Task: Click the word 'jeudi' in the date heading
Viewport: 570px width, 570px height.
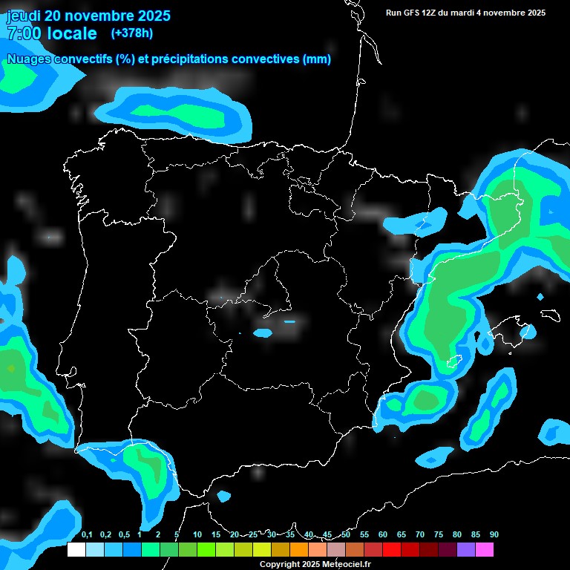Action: pyautogui.click(x=24, y=16)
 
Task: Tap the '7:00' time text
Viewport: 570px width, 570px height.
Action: pyautogui.click(x=22, y=33)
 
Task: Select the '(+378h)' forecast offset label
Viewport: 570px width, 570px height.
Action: pyautogui.click(x=131, y=33)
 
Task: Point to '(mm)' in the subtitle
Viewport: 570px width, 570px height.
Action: pyautogui.click(x=317, y=59)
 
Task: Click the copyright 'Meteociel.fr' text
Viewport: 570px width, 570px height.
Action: pyautogui.click(x=344, y=565)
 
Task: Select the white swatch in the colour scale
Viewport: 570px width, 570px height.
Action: pyautogui.click(x=76, y=550)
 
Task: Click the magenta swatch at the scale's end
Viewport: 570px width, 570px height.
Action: pyautogui.click(x=485, y=550)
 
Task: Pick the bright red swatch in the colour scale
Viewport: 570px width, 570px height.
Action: pyautogui.click(x=392, y=550)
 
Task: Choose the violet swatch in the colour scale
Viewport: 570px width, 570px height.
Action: pyautogui.click(x=466, y=550)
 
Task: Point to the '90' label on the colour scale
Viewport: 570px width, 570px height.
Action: pyautogui.click(x=494, y=535)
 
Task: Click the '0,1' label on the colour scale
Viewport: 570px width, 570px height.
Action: pyautogui.click(x=87, y=535)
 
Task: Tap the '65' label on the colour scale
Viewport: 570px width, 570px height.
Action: pyautogui.click(x=402, y=535)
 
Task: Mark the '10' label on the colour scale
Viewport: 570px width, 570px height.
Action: pyautogui.click(x=197, y=535)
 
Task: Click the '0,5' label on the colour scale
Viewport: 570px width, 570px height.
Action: pyautogui.click(x=123, y=535)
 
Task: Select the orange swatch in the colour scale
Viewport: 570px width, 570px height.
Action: pyautogui.click(x=298, y=550)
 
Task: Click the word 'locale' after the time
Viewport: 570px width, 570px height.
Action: pyautogui.click(x=71, y=33)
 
